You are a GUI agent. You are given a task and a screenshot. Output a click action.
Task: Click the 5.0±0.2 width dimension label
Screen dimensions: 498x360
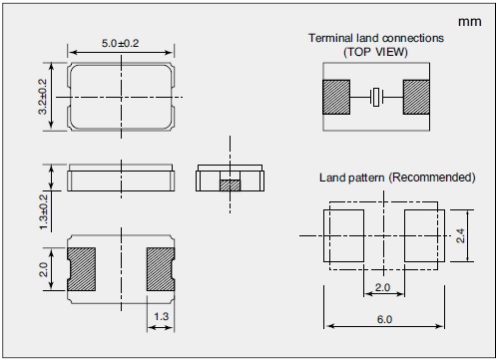120,43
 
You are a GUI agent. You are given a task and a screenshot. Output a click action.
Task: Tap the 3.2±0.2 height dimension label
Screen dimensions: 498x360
43,97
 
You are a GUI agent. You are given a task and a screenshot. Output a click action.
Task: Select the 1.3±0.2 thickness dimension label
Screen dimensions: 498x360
44,211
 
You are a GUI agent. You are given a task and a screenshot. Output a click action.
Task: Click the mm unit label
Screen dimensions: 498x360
470,22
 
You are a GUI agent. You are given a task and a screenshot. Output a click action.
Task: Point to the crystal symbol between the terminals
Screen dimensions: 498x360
376,97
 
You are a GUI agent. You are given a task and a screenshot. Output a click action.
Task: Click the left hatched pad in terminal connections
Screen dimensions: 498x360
336,97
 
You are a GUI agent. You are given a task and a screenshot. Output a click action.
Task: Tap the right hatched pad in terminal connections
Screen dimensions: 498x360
416,97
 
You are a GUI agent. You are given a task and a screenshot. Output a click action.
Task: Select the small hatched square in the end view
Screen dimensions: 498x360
230,185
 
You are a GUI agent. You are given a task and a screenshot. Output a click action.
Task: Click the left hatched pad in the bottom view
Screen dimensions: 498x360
81,269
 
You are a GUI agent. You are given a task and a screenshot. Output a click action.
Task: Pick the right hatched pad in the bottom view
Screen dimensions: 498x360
161,269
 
